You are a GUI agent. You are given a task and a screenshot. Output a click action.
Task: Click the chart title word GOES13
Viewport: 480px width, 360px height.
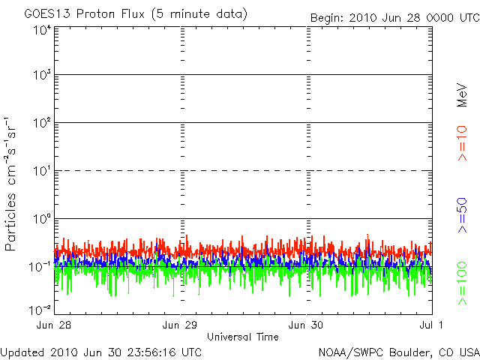click(x=47, y=13)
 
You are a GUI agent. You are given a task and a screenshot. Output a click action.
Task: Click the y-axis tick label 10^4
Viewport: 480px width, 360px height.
click(x=42, y=30)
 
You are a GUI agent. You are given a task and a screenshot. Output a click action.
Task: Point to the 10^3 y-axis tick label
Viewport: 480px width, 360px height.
click(x=42, y=75)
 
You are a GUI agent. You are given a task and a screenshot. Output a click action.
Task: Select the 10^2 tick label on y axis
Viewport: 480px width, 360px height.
click(x=42, y=123)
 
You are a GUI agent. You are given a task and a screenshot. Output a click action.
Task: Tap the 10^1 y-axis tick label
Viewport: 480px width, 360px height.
click(x=42, y=171)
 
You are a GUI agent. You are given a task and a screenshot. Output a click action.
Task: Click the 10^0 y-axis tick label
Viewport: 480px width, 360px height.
click(x=42, y=219)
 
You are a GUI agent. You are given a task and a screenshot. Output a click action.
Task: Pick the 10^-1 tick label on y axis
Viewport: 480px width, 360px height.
click(x=40, y=267)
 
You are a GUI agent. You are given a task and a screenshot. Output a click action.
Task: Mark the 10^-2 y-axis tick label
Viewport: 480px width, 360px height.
click(x=40, y=310)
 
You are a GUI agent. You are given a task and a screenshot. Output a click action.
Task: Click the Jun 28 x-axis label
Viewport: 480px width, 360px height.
click(x=54, y=325)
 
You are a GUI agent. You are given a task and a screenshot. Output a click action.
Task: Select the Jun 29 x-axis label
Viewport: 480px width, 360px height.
click(x=180, y=325)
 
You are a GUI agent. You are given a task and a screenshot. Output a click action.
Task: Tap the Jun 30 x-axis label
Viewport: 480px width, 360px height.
click(x=306, y=325)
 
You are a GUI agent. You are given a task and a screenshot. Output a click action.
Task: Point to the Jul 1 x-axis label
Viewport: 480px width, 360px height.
click(x=431, y=325)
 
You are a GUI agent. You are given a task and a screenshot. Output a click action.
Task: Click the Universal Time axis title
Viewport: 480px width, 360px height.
click(x=243, y=337)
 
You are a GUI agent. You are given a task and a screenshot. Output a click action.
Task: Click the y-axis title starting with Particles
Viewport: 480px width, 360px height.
click(x=10, y=184)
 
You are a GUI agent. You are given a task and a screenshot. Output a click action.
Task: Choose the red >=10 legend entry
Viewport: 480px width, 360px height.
click(x=462, y=143)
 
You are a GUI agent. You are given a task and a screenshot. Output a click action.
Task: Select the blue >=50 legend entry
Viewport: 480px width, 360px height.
click(x=462, y=215)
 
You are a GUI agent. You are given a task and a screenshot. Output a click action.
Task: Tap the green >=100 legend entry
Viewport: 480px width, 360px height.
click(x=462, y=283)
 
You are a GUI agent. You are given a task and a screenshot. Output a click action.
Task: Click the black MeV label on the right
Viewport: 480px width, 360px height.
click(x=462, y=95)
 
